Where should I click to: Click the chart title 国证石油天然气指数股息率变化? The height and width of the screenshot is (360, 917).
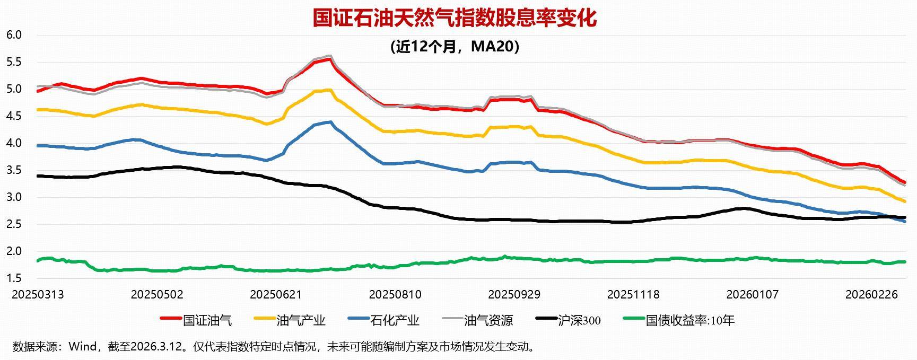point(455,17)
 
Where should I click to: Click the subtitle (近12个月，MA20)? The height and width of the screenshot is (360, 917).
point(455,47)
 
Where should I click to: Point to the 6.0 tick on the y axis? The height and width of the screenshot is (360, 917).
point(14,35)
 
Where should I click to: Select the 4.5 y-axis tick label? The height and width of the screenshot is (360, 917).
point(14,116)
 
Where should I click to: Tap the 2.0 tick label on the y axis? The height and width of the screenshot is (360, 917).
point(14,251)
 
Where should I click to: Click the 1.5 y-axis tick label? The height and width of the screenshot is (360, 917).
point(14,278)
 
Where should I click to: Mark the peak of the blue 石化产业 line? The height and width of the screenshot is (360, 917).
point(330,122)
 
